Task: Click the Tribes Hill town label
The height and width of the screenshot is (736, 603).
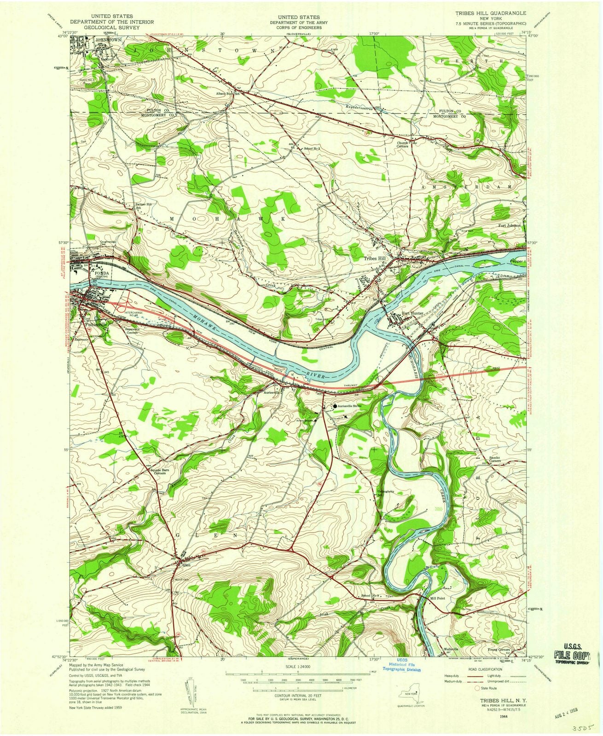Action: tap(375, 259)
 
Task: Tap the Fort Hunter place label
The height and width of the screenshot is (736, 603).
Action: tap(412, 314)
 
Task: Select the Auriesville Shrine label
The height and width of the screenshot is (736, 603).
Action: tap(351, 407)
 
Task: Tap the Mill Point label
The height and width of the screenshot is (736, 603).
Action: tap(437, 598)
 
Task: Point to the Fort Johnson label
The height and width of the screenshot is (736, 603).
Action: tap(510, 225)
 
